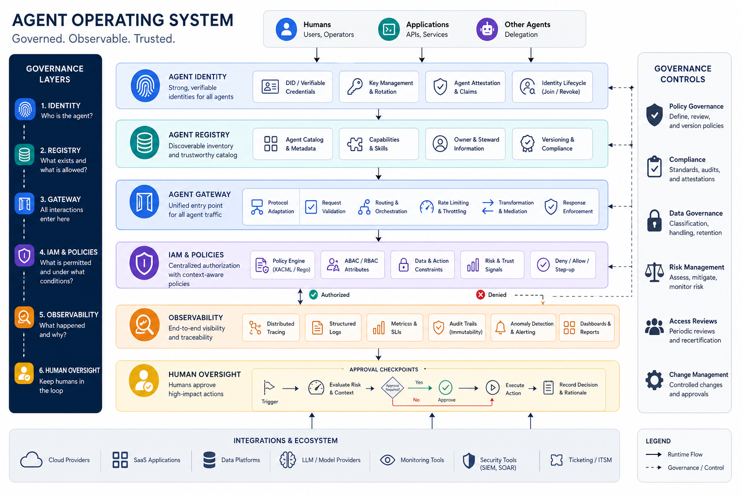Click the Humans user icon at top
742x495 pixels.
pos(286,29)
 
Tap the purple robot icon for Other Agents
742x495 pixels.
pos(487,29)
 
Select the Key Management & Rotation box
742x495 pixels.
pos(379,87)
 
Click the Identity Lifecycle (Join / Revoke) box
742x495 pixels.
pos(552,87)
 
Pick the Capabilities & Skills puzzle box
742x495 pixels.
pos(379,144)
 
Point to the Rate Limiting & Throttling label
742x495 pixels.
pos(453,207)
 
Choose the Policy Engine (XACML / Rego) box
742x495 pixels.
pos(283,265)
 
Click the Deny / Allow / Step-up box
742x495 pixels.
pos(563,265)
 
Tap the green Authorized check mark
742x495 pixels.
pos(314,294)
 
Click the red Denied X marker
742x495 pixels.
pos(480,294)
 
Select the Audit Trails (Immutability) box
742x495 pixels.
pos(457,328)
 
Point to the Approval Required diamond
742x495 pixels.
pos(393,388)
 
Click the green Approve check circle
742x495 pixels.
pos(445,387)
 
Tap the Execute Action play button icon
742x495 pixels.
pos(493,387)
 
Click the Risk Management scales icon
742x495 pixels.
pos(654,273)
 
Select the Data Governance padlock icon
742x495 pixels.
pos(654,220)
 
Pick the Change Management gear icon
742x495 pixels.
pos(654,380)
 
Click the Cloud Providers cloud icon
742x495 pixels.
pos(31,460)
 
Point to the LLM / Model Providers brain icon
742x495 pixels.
pos(287,460)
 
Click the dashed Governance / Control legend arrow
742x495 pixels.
pos(654,467)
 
